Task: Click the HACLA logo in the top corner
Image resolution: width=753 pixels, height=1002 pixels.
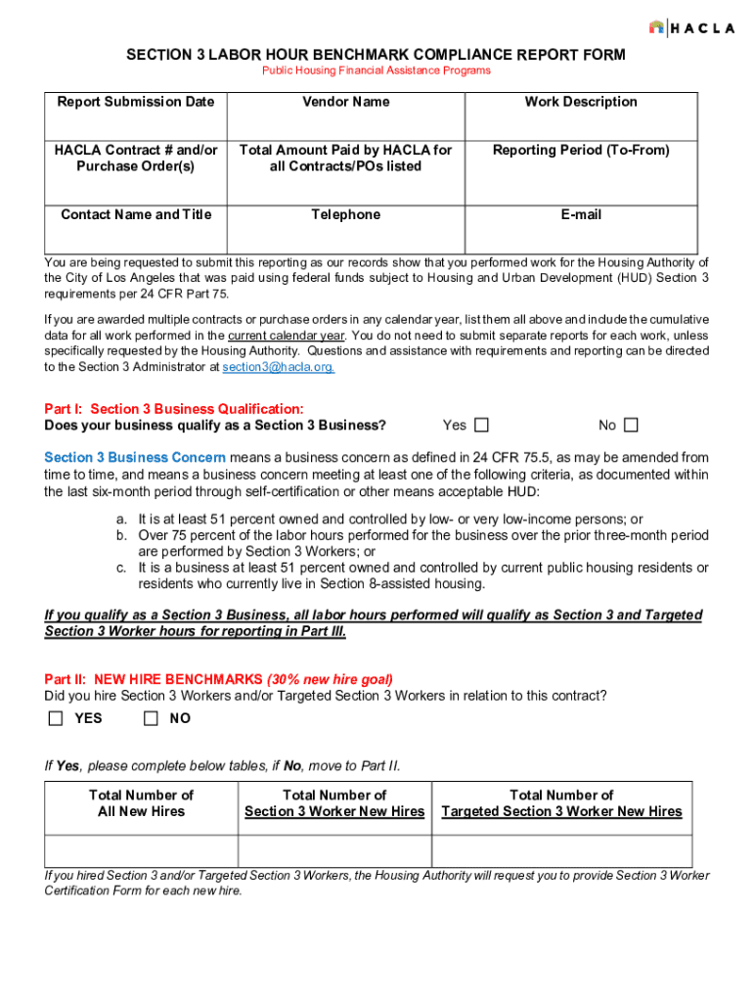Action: point(690,27)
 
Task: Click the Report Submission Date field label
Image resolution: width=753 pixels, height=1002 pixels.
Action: point(135,102)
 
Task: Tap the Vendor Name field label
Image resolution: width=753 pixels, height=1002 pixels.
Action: point(345,102)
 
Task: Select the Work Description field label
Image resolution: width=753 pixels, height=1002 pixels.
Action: point(581,102)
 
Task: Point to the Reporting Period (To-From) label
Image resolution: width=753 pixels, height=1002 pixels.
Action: point(581,150)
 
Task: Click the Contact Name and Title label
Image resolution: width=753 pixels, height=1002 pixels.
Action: point(135,214)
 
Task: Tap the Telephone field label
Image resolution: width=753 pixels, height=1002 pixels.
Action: point(345,214)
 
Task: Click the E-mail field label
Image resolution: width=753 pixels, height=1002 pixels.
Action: point(581,214)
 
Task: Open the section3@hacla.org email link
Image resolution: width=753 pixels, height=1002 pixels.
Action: point(278,367)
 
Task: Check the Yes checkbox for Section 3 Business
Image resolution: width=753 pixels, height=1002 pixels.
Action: point(481,425)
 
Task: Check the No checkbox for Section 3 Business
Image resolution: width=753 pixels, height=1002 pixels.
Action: point(631,425)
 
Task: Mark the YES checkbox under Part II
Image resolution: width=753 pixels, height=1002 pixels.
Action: point(56,718)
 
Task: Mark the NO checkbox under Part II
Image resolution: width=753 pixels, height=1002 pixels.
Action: point(151,718)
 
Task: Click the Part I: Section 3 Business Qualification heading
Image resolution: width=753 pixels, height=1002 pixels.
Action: point(174,409)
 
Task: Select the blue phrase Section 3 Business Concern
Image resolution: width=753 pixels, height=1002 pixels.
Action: point(135,457)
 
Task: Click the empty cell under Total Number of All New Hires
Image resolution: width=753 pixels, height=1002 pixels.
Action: point(141,850)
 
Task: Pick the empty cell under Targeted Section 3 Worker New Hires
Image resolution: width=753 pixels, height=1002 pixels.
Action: point(561,850)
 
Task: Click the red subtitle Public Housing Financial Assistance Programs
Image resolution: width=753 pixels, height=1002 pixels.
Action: point(376,70)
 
